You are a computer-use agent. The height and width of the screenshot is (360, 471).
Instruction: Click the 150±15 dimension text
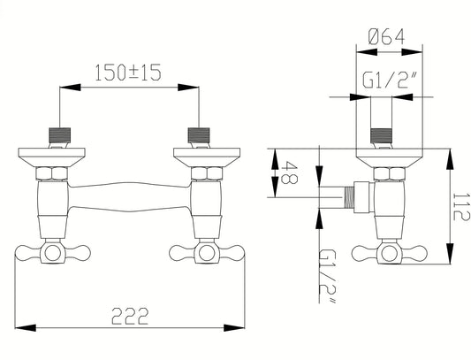coord(128,73)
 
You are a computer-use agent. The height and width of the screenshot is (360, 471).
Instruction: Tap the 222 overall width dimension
coord(130,316)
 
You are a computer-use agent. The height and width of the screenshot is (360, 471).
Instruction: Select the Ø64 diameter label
coord(386,36)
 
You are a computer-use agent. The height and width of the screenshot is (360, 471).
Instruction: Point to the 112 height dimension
coord(460,207)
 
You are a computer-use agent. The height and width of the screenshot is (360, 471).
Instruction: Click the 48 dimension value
coord(290,172)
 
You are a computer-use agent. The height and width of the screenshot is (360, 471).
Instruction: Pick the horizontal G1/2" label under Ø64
coord(390,80)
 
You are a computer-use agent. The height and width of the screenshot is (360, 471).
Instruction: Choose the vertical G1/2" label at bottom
coord(326,276)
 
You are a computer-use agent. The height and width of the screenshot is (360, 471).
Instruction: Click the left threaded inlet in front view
coord(60,135)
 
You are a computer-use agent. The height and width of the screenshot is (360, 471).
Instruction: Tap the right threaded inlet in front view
coord(199,135)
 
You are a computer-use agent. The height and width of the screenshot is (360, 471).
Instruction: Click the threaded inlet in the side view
coord(382,135)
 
